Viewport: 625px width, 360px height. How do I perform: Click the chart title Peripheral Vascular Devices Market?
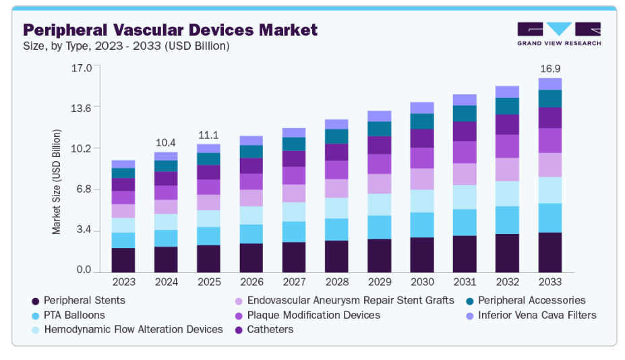[170, 30]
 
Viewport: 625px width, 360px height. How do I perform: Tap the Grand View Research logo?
[558, 34]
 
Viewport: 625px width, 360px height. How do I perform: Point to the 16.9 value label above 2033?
[550, 69]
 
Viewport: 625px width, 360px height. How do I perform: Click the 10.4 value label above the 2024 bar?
[165, 143]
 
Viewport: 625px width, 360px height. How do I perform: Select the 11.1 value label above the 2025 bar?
[208, 135]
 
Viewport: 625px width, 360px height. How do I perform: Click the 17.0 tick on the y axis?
[82, 67]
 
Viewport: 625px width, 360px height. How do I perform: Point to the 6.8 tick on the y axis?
[83, 189]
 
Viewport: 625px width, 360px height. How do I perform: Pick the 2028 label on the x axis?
[336, 281]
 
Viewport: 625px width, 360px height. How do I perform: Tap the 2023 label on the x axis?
[123, 281]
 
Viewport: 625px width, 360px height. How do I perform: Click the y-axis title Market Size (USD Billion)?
[57, 181]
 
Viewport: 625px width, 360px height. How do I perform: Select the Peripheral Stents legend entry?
[84, 300]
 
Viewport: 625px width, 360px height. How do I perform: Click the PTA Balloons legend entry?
[74, 315]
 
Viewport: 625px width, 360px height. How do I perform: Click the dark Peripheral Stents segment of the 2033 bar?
[550, 251]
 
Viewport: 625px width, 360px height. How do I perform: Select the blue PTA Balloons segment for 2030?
[422, 224]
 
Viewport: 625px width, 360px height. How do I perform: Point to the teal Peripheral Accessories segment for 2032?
[507, 106]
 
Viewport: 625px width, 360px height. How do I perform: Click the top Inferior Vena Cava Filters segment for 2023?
[123, 164]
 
